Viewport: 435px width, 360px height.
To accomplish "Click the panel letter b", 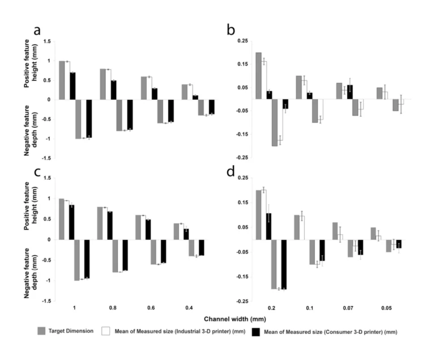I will coord(231,31).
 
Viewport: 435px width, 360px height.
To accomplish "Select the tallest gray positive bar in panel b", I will coord(258,76).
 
